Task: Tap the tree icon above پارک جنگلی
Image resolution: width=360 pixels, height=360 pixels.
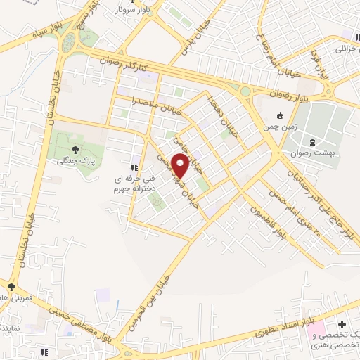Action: coord(77,148)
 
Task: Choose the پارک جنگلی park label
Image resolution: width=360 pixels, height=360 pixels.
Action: coord(77,161)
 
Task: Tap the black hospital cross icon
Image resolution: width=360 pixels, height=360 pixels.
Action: coord(342,325)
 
